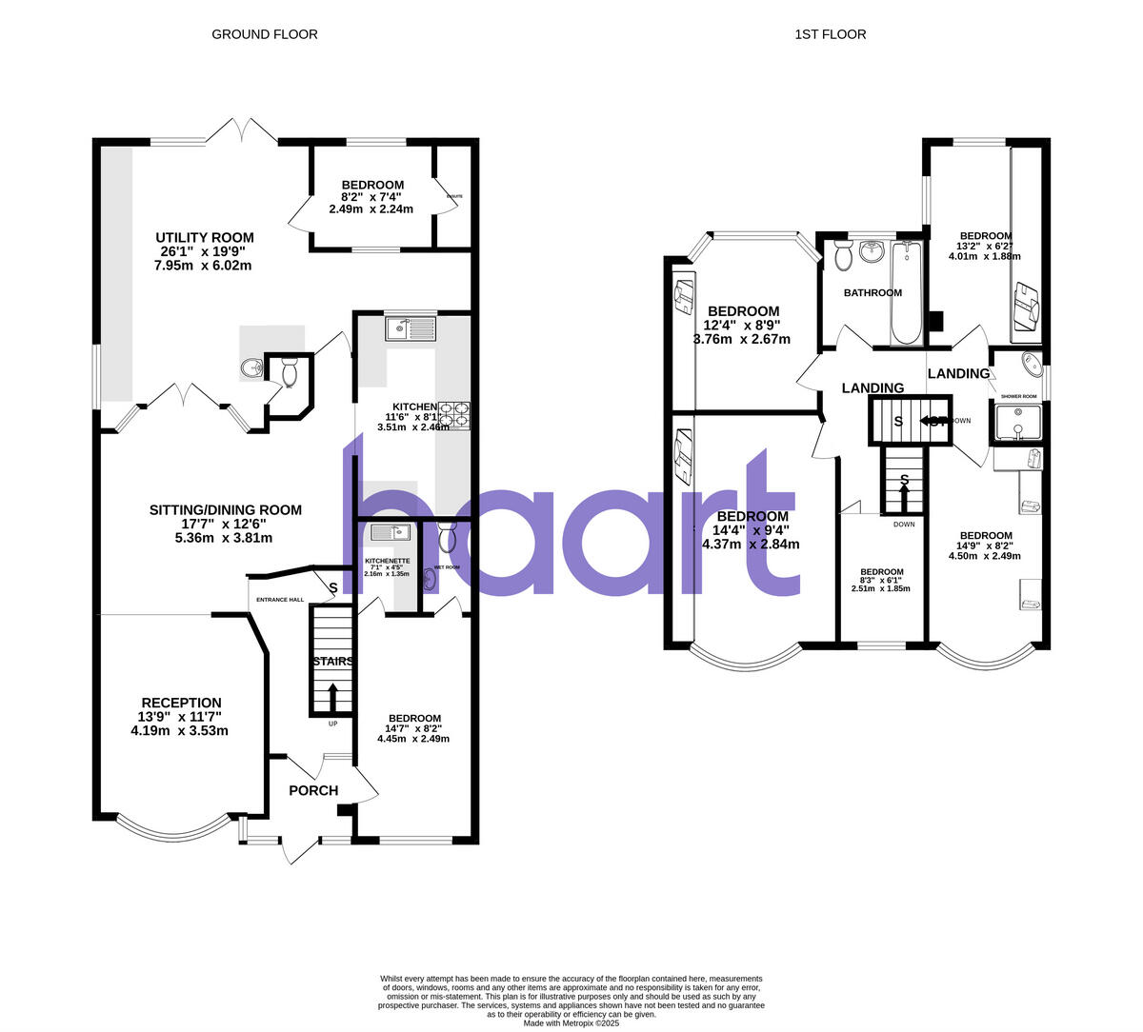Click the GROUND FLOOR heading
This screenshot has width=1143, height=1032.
click(x=264, y=34)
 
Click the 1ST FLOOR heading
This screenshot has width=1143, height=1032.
click(x=831, y=34)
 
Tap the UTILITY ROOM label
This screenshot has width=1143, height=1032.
click(x=207, y=237)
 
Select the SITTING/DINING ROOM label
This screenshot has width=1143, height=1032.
click(x=225, y=510)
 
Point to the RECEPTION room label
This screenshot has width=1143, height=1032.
click(x=181, y=703)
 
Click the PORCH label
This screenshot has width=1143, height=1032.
click(x=313, y=790)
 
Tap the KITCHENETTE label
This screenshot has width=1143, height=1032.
click(x=387, y=562)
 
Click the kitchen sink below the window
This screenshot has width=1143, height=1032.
click(x=410, y=329)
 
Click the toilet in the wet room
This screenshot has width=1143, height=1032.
click(x=449, y=538)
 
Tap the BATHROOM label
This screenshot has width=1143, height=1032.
click(x=872, y=292)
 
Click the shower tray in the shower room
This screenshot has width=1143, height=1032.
click(x=1017, y=422)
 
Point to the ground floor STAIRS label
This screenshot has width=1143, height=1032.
click(x=331, y=662)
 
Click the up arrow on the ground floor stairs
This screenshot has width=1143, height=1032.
click(x=332, y=695)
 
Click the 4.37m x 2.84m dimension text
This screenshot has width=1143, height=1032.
click(x=751, y=545)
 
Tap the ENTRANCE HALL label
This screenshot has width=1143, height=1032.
click(x=279, y=600)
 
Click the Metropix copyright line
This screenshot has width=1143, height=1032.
click(x=571, y=1023)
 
